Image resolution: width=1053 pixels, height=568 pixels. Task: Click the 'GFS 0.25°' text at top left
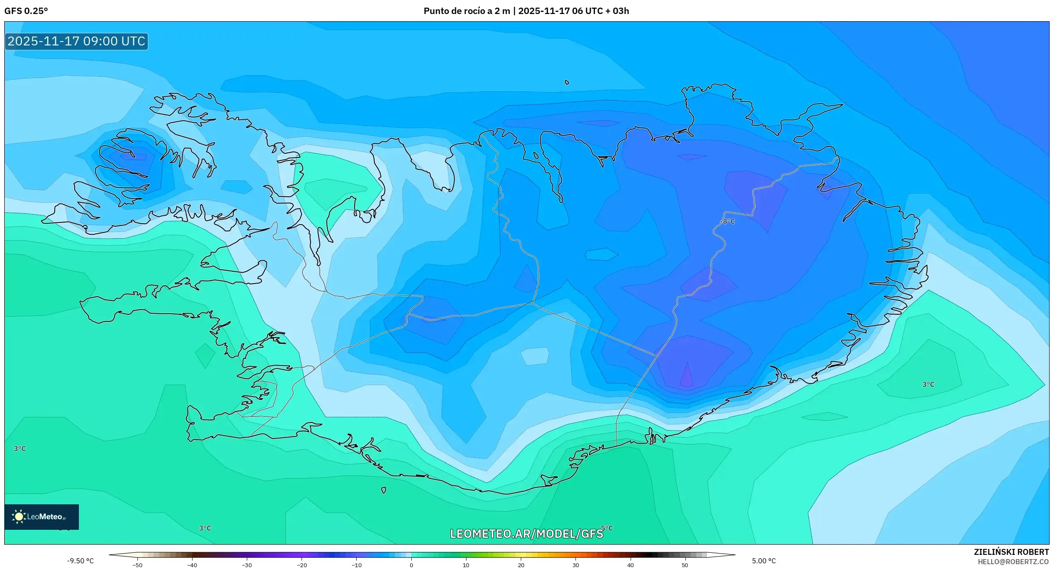click(26, 11)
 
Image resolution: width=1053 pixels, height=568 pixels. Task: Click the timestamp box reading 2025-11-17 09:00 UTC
click(76, 41)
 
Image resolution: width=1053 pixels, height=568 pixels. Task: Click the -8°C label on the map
click(727, 222)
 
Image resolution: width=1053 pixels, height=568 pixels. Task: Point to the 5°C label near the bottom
click(607, 528)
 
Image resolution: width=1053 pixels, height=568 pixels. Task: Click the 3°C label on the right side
click(928, 384)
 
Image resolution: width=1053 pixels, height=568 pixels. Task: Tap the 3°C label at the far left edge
click(20, 448)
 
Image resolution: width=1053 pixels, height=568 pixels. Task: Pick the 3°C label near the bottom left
click(205, 528)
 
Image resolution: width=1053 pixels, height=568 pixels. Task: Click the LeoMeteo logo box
click(42, 517)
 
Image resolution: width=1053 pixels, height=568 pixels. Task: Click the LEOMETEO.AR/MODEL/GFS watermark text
click(526, 534)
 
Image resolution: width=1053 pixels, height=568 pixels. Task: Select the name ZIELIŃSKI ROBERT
click(1011, 552)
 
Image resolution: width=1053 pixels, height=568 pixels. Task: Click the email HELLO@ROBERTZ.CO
click(1013, 562)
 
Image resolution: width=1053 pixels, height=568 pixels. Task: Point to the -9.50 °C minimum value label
click(80, 561)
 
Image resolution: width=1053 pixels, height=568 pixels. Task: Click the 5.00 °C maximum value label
click(764, 561)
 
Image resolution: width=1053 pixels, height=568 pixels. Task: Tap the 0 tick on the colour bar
click(411, 565)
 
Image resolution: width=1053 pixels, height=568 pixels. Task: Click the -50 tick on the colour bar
click(137, 565)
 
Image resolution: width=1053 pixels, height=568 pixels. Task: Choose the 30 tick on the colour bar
click(575, 565)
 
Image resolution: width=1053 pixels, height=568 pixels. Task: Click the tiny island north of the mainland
click(567, 82)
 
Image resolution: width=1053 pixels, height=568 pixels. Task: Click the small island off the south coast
click(383, 490)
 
